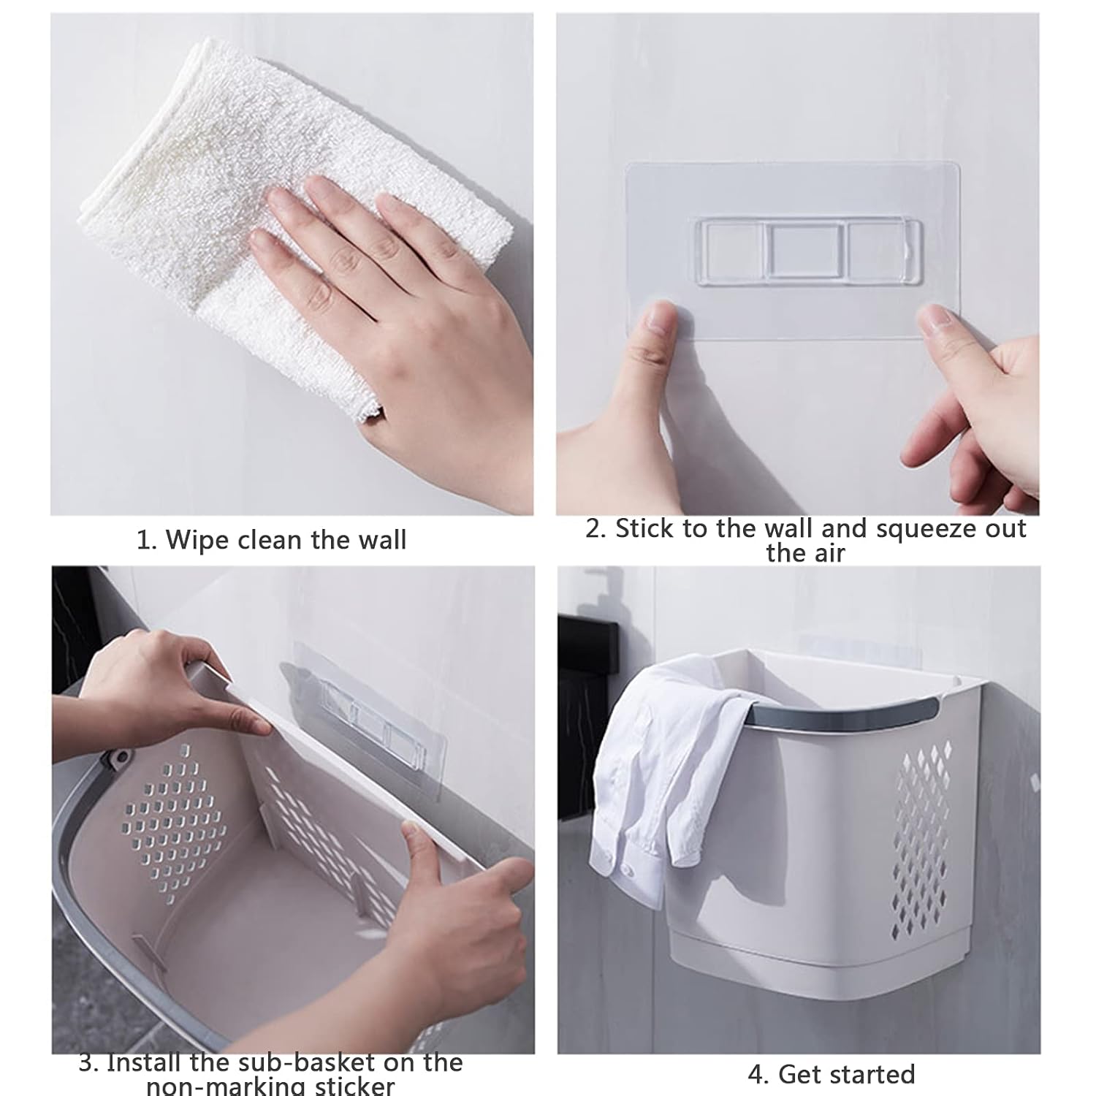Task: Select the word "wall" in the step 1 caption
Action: point(381,541)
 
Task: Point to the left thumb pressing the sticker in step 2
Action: point(654,329)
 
